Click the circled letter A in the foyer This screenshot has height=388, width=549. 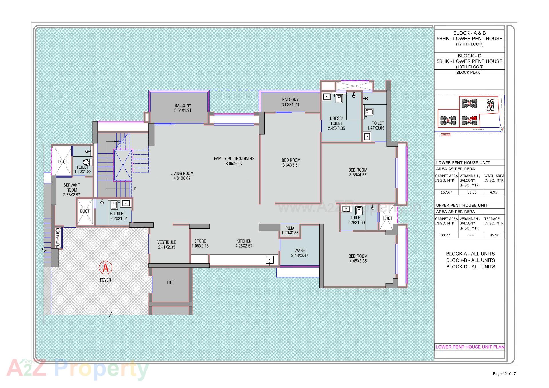pyautogui.click(x=106, y=268)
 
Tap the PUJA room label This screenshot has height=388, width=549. pyautogui.click(x=290, y=230)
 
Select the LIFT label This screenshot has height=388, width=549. pyautogui.click(x=170, y=282)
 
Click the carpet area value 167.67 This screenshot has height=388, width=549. pyautogui.click(x=446, y=192)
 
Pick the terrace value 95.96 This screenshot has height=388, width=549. pyautogui.click(x=494, y=235)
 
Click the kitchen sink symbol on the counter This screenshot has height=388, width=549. pyautogui.click(x=270, y=260)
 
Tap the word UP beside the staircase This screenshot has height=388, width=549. pyautogui.click(x=134, y=189)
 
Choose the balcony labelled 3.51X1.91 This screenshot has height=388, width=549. pyautogui.click(x=183, y=108)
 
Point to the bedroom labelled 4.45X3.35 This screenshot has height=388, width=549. pyautogui.click(x=358, y=258)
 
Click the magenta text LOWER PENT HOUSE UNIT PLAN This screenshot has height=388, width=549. pyautogui.click(x=470, y=347)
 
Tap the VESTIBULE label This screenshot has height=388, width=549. pyautogui.click(x=166, y=245)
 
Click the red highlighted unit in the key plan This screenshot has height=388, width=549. pyautogui.click(x=474, y=118)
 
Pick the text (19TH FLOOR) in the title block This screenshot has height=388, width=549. pyautogui.click(x=470, y=67)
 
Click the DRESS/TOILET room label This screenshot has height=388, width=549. pyautogui.click(x=336, y=123)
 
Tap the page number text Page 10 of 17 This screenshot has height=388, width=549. pyautogui.click(x=504, y=373)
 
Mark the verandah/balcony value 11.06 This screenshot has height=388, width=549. pyautogui.click(x=472, y=192)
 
